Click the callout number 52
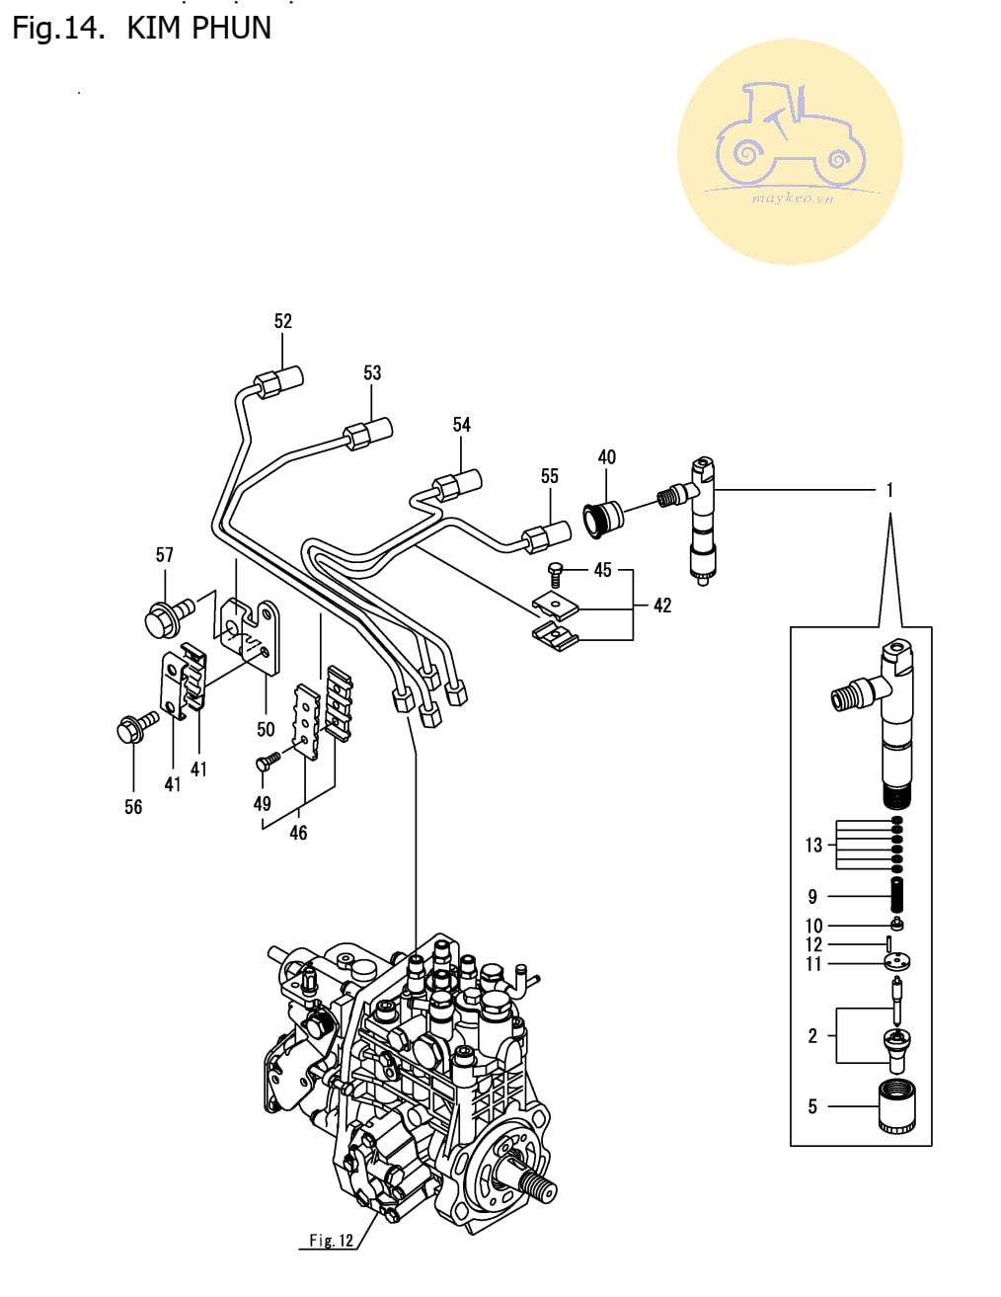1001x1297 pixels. (282, 321)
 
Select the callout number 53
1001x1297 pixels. (372, 372)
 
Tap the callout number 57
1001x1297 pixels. (165, 555)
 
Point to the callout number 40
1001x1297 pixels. (606, 457)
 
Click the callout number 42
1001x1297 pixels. (662, 606)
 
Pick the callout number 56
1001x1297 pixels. (133, 807)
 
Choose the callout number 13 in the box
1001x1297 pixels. (813, 846)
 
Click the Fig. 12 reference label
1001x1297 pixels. (331, 1241)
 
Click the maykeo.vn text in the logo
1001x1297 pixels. (793, 199)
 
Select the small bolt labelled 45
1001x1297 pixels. (555, 574)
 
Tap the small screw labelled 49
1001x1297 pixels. (268, 761)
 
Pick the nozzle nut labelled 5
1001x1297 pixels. (896, 1108)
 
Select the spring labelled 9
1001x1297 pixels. (896, 895)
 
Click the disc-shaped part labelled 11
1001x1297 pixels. (896, 961)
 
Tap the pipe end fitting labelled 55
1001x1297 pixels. (546, 535)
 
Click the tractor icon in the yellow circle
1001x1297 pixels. (790, 134)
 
